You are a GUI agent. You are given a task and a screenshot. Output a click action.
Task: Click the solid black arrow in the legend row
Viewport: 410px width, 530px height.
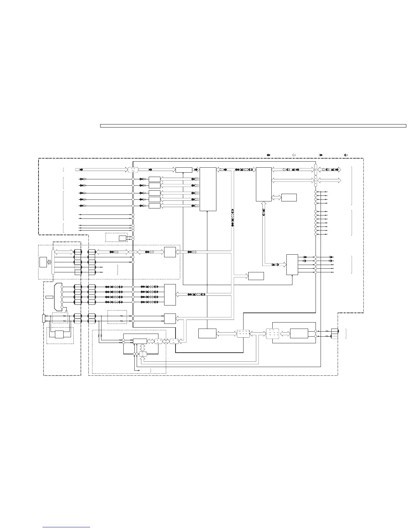268,155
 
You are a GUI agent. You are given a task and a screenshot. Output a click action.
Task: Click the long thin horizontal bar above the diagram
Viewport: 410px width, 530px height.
253,126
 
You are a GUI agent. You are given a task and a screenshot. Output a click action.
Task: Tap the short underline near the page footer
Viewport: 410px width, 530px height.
66,527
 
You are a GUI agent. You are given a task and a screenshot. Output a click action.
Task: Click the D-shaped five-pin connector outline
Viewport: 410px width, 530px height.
58,296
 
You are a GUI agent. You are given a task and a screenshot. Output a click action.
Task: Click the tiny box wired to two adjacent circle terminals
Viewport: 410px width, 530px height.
122,238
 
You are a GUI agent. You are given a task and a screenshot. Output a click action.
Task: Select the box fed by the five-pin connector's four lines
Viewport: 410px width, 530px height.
170,294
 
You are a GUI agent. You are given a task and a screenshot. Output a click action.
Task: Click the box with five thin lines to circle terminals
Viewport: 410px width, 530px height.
292,265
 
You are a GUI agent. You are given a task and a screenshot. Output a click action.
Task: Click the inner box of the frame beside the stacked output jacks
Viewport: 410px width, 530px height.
299,334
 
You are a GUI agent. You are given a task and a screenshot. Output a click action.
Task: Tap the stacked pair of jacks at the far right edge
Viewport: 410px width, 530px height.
334,334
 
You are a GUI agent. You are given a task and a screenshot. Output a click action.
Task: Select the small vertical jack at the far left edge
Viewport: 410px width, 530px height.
44,318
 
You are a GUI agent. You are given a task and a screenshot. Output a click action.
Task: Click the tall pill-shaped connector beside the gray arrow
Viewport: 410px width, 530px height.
53,262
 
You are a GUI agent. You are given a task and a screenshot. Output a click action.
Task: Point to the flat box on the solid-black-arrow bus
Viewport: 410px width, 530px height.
184,170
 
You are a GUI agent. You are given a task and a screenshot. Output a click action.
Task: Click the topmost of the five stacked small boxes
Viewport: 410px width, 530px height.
154,179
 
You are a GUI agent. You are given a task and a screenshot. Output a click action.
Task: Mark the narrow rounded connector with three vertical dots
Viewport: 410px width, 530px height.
316,180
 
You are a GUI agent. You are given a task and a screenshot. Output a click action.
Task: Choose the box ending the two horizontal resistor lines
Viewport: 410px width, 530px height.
170,319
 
